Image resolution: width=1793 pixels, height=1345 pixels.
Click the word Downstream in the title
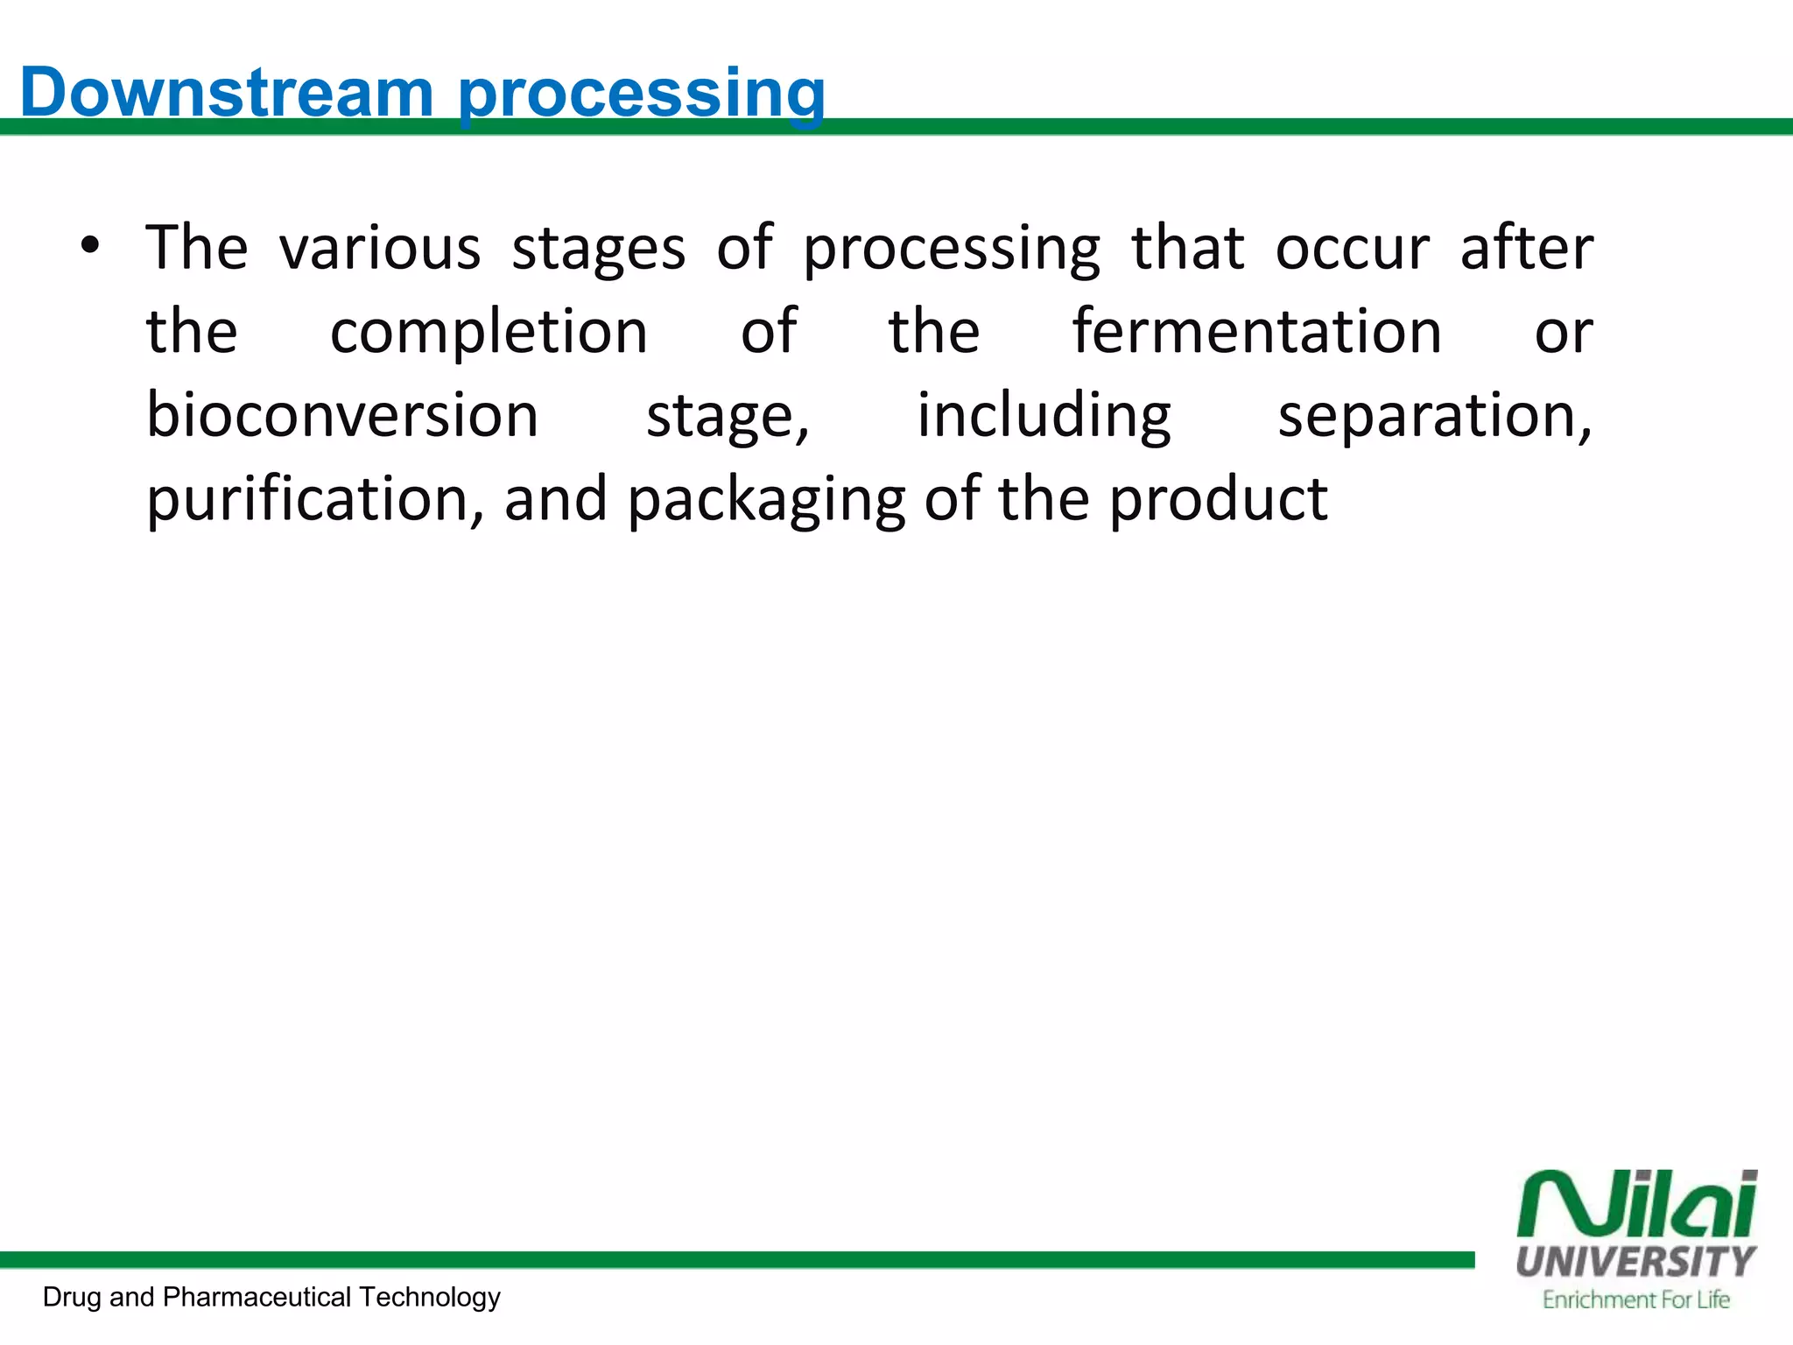tap(227, 92)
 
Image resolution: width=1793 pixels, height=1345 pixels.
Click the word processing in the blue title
tap(642, 94)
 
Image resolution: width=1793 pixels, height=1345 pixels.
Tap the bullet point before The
tap(89, 246)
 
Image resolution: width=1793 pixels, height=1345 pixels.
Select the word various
tap(380, 248)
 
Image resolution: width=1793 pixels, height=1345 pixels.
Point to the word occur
tap(1352, 248)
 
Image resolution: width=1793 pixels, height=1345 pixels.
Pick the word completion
tap(489, 332)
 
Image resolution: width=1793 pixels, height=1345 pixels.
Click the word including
tap(1044, 416)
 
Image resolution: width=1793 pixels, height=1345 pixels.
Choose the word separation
tap(1434, 416)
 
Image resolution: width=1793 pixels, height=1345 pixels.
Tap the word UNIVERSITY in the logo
tap(1635, 1262)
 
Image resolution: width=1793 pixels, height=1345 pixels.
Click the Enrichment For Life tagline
tap(1635, 1300)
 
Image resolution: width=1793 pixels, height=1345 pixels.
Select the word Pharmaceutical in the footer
tap(257, 1297)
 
